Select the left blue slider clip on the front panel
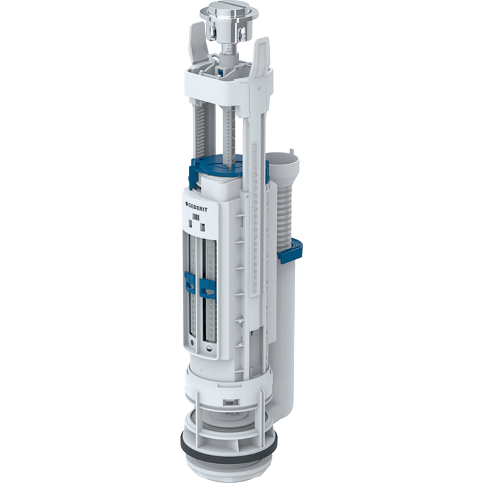point(187,281)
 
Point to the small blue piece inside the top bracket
point(221,71)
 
